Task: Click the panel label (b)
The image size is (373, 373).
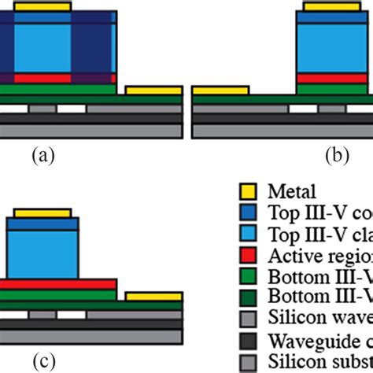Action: point(337,156)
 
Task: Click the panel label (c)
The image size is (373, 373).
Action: point(44,362)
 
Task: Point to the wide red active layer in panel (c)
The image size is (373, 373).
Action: point(58,283)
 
